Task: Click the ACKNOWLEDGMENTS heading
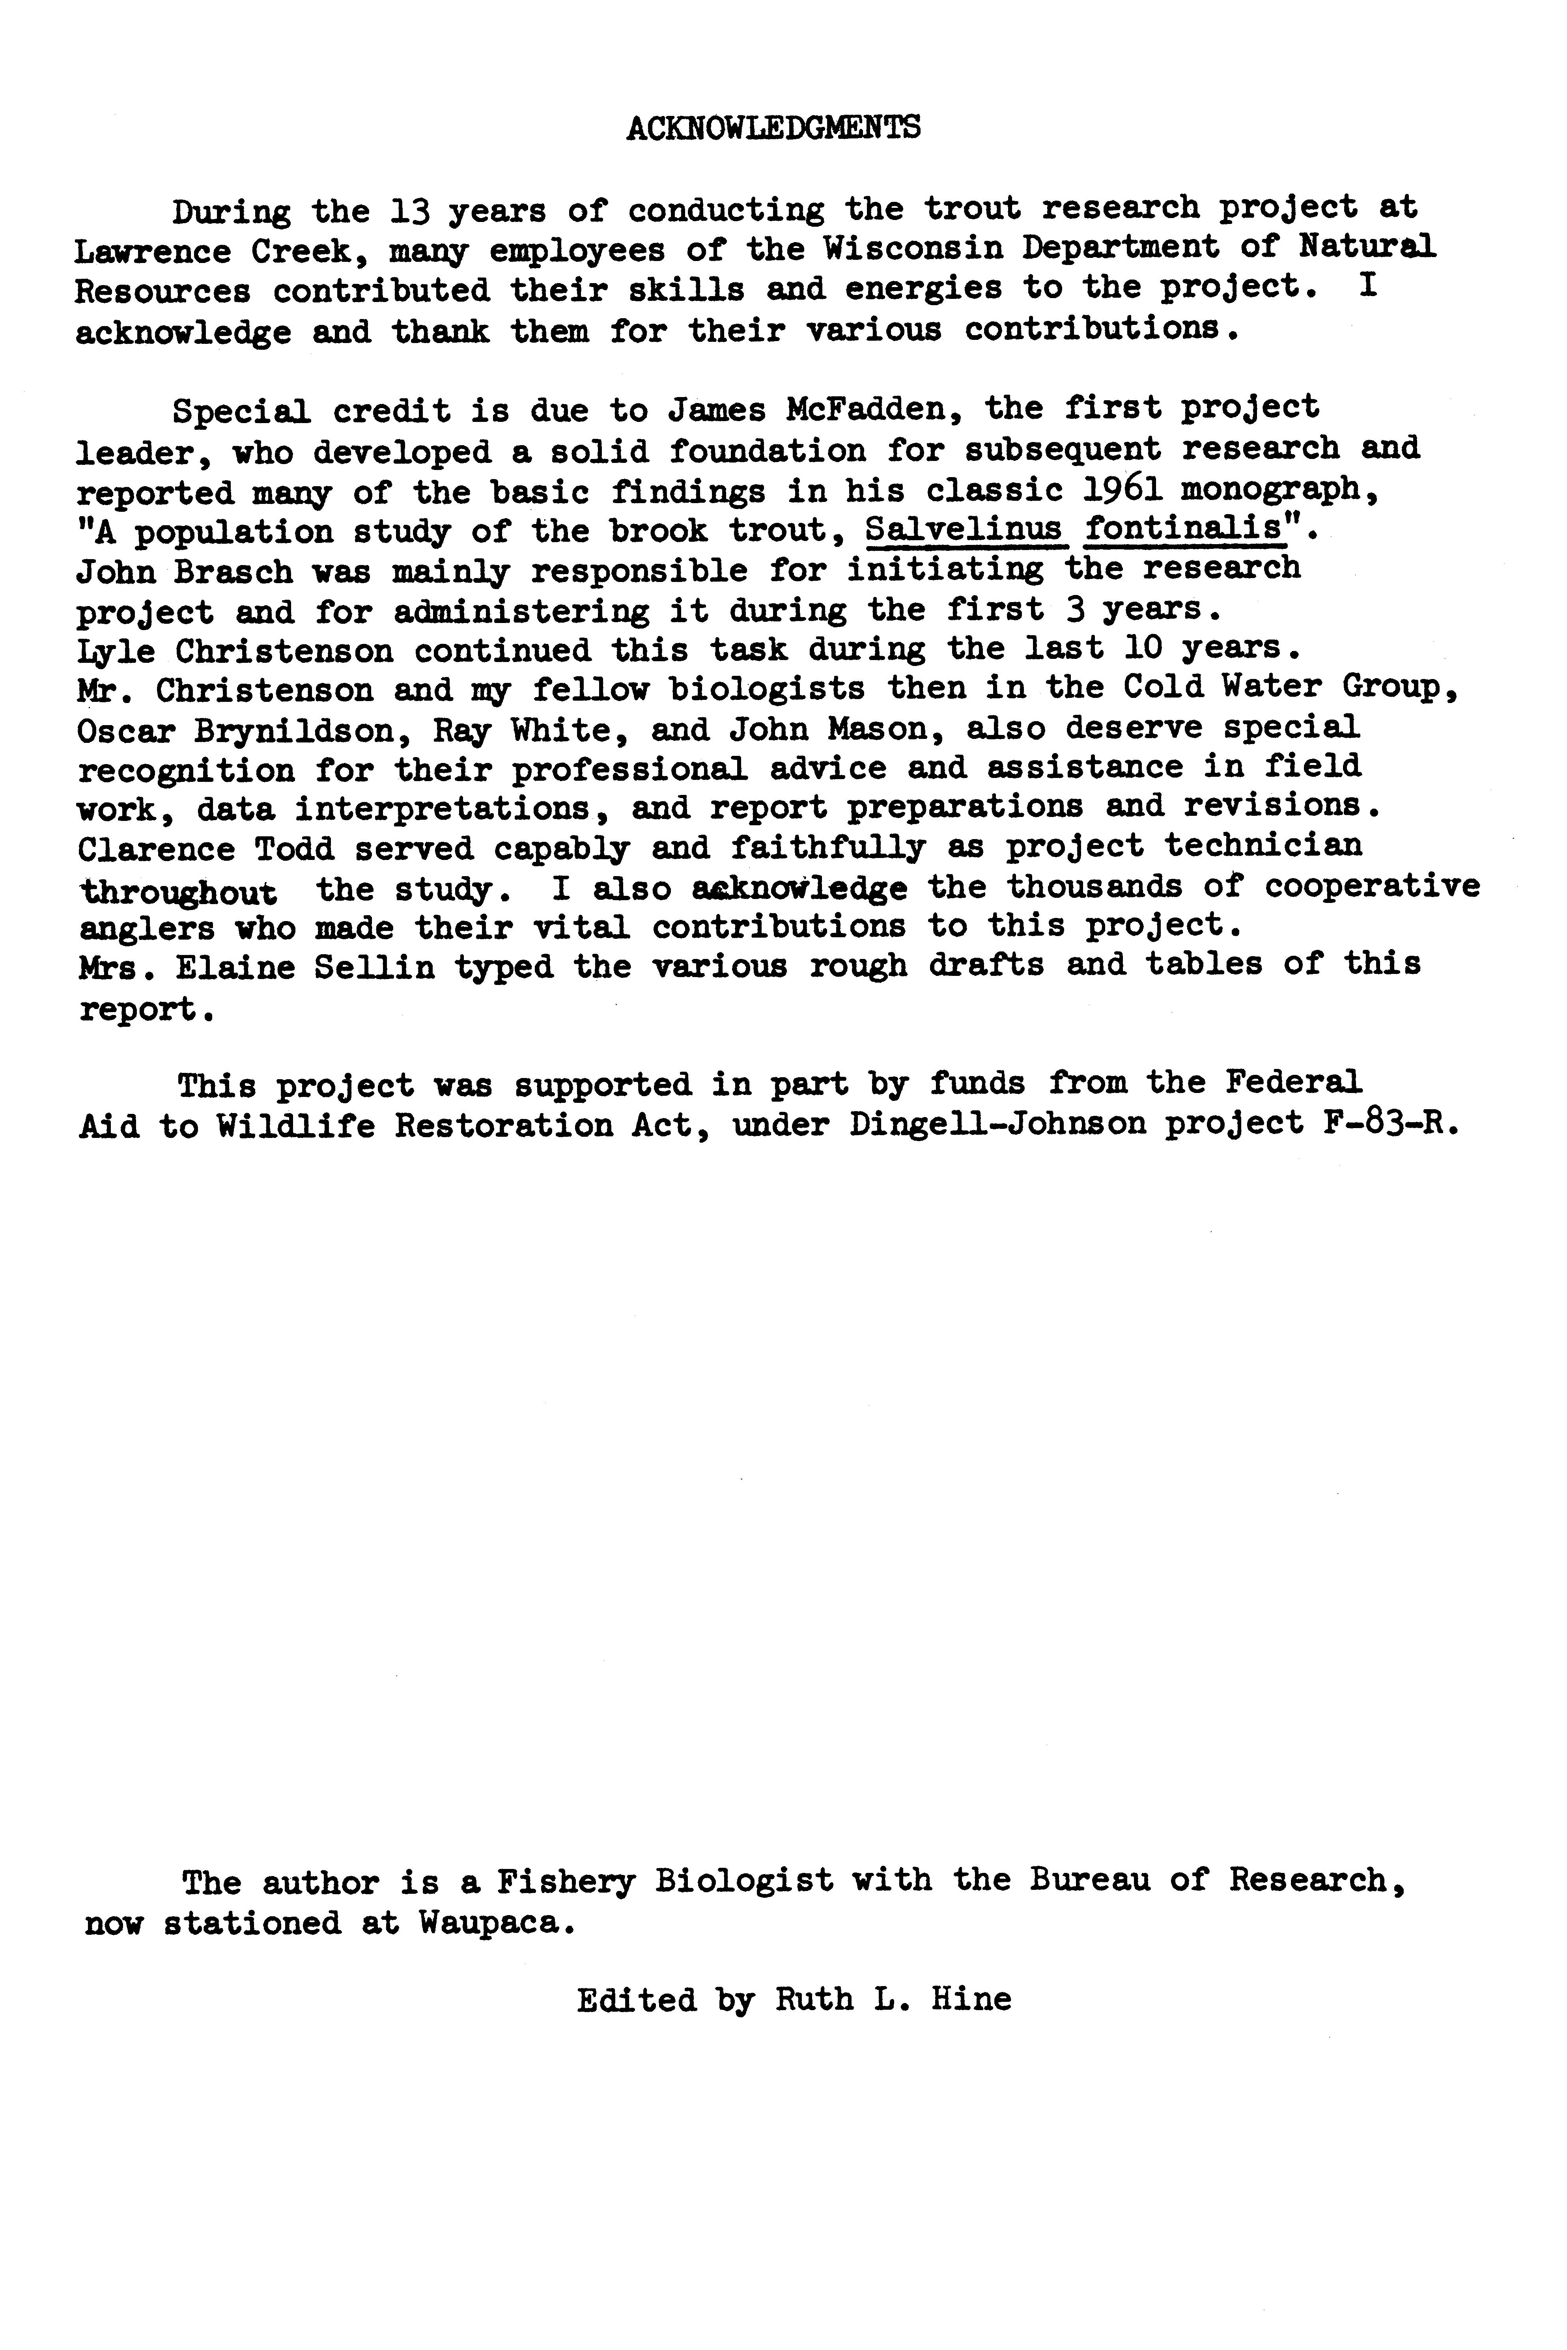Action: (773, 128)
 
